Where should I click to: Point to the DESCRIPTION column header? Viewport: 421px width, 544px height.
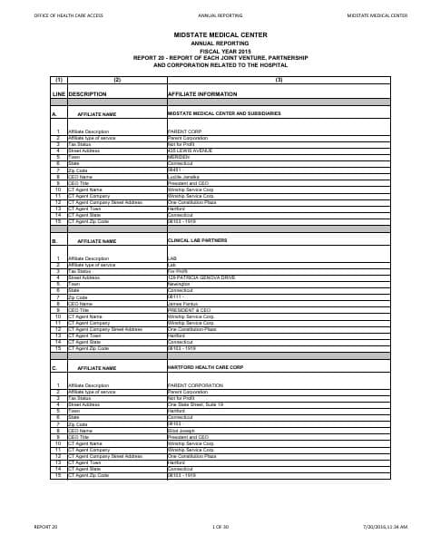88,93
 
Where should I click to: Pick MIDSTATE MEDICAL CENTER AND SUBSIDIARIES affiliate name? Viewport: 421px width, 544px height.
224,114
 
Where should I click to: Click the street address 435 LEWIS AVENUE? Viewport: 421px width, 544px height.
190,151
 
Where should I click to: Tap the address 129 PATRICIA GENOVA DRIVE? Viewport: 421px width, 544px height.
198,277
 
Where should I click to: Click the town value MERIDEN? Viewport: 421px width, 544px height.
181,156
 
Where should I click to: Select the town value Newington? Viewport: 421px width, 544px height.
182,282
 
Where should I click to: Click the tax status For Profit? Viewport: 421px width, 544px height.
178,270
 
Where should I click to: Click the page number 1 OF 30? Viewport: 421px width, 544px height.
220,526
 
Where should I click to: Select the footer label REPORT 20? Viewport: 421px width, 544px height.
45,526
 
